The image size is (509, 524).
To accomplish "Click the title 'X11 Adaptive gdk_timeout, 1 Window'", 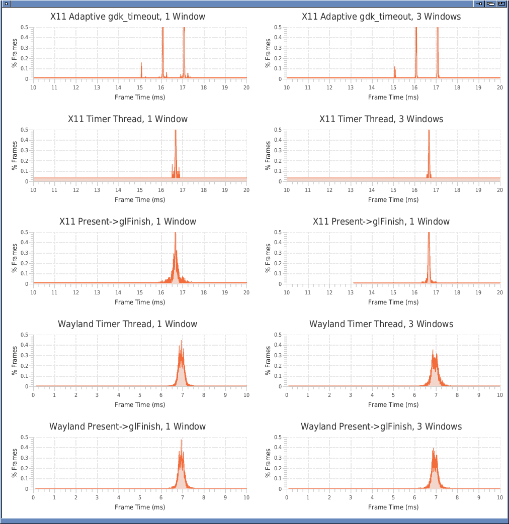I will (128, 17).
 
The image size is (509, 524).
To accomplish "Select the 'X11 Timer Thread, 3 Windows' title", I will (381, 119).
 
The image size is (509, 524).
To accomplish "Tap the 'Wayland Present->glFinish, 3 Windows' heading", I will (381, 427).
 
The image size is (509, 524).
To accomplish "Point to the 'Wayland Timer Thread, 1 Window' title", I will (128, 324).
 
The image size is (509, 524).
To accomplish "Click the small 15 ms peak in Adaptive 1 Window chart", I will (142, 64).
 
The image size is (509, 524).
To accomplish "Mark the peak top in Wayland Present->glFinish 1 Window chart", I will (182, 441).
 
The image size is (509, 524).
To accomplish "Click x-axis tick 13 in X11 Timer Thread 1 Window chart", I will (97, 190).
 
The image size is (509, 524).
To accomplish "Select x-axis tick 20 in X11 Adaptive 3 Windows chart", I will (499, 87).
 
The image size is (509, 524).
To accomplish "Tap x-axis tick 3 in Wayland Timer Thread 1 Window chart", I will (97, 395).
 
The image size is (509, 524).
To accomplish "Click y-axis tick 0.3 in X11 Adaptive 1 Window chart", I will (25, 48).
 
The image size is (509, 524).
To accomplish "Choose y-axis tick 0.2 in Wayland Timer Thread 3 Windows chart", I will (278, 366).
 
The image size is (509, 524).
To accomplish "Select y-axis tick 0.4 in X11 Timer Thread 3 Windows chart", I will (278, 140).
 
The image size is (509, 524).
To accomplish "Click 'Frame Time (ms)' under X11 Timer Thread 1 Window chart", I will (140, 199).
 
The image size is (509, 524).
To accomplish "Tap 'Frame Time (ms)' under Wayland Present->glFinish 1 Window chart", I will (140, 507).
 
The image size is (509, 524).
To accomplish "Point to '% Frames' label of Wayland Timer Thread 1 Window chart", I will (15, 360).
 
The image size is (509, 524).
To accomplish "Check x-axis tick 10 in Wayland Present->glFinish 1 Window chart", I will (246, 497).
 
